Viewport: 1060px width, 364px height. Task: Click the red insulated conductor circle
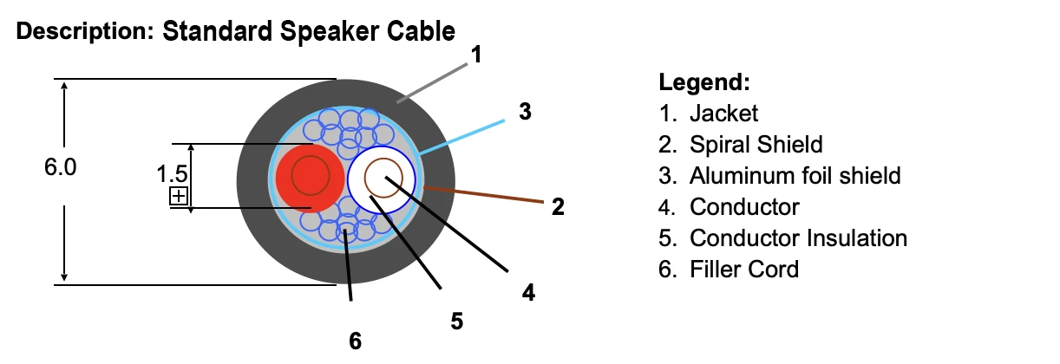310,179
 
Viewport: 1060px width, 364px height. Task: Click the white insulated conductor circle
382,179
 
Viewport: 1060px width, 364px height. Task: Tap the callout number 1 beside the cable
476,55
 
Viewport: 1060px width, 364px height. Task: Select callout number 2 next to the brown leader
558,206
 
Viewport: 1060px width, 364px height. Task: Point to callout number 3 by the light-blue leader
525,112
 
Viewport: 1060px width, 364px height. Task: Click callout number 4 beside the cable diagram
528,292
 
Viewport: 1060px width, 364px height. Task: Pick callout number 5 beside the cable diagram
456,321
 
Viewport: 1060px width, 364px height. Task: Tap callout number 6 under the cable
356,341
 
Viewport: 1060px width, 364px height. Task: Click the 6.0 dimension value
60,167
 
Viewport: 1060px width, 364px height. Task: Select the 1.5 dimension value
172,174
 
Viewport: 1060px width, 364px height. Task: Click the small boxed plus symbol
179,196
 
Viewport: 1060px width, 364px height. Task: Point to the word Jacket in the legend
723,114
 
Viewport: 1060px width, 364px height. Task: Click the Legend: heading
704,82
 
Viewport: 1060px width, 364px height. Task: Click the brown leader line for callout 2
484,195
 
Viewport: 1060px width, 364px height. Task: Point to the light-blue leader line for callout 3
461,137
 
